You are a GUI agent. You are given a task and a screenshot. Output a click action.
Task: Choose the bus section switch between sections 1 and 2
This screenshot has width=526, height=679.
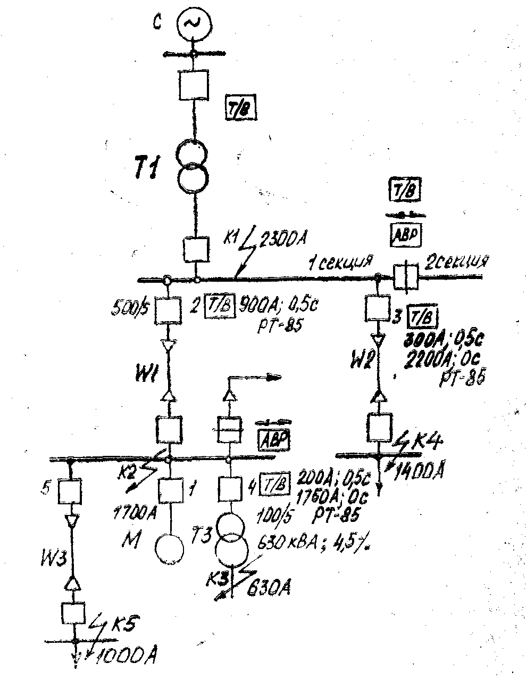pyautogui.click(x=405, y=277)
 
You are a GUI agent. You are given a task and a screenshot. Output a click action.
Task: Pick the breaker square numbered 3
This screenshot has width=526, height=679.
pyautogui.click(x=378, y=308)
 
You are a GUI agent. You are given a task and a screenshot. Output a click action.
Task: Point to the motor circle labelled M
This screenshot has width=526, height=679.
pyautogui.click(x=169, y=547)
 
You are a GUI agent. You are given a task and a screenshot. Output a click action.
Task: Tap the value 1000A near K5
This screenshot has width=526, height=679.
pyautogui.click(x=128, y=656)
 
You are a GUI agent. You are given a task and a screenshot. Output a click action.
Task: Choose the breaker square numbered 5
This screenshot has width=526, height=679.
pyautogui.click(x=70, y=490)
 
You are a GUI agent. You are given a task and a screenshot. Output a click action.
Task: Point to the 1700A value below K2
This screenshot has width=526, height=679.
pyautogui.click(x=135, y=513)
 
